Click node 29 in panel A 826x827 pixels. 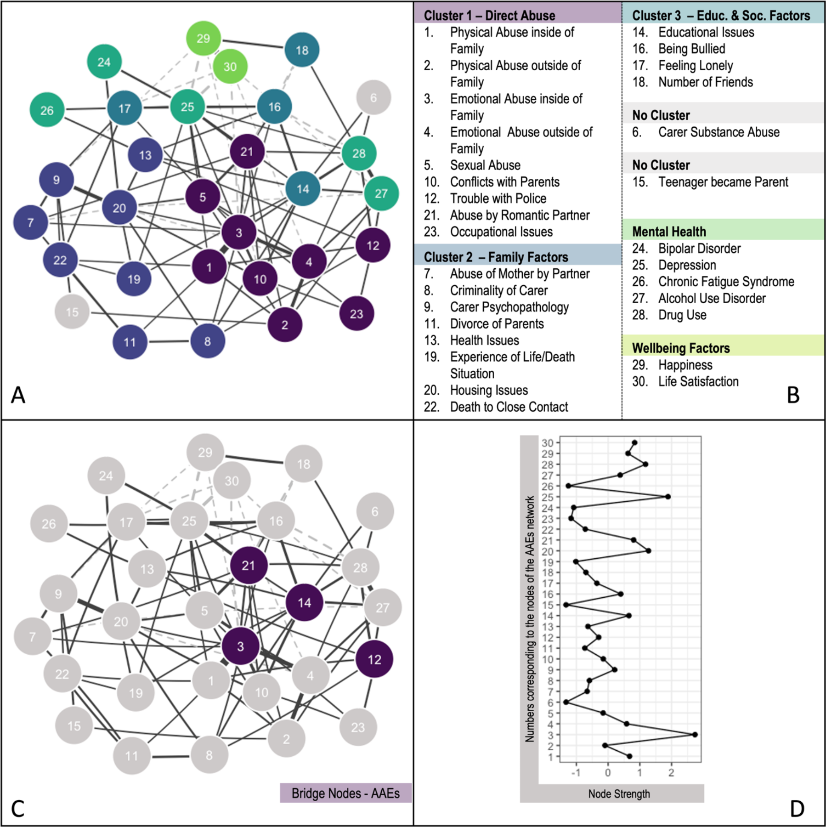[203, 38]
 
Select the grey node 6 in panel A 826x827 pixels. [373, 98]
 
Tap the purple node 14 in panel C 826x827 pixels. [304, 603]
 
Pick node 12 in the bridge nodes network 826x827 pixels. [374, 660]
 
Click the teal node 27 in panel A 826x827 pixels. [381, 194]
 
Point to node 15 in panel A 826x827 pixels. [72, 312]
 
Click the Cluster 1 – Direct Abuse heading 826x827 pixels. [489, 16]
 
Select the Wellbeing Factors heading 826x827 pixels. [681, 348]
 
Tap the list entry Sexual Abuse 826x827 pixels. [485, 165]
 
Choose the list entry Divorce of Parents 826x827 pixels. [496, 324]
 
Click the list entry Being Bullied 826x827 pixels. [691, 49]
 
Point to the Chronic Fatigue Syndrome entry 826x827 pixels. [726, 282]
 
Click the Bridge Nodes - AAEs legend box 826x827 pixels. [346, 793]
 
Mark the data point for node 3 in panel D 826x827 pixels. [695, 735]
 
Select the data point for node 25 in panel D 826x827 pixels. [668, 496]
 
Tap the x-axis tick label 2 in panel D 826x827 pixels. [671, 773]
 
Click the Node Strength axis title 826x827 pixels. [619, 794]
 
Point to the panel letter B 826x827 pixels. [793, 395]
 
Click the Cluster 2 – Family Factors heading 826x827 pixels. [495, 257]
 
